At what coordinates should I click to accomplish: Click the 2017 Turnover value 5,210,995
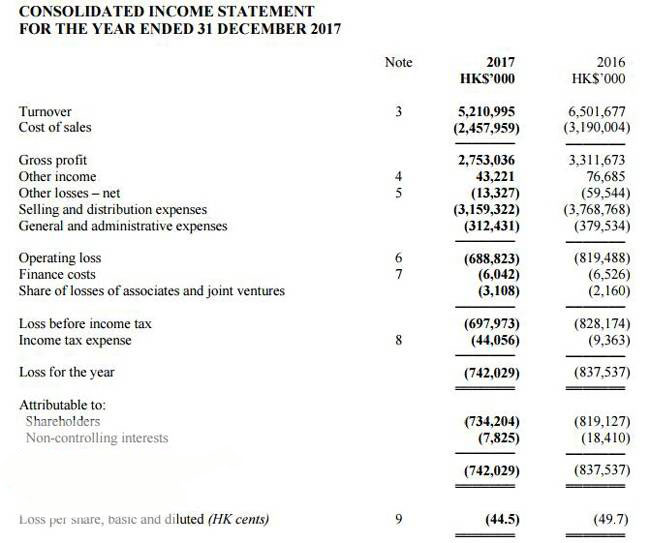(x=489, y=112)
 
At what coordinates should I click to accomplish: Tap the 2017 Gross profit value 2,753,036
(x=489, y=160)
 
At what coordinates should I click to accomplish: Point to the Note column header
(x=398, y=62)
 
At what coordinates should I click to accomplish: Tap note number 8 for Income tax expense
(x=398, y=340)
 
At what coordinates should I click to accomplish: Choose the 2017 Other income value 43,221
(x=497, y=177)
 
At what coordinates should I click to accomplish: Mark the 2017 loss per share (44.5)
(x=499, y=519)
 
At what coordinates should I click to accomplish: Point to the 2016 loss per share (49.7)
(x=610, y=519)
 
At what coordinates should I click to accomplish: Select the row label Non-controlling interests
(x=97, y=438)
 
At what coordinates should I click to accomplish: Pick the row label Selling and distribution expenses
(x=113, y=209)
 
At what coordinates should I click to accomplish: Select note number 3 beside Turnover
(x=398, y=112)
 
